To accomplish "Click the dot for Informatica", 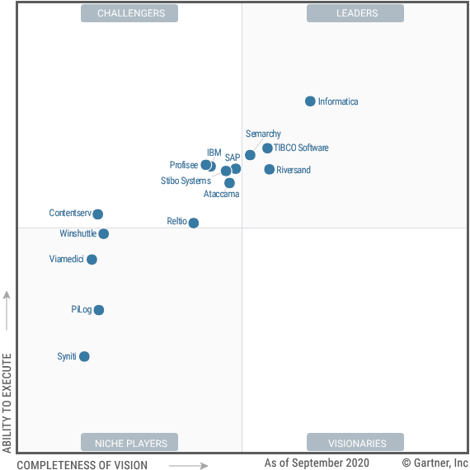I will click(x=310, y=101).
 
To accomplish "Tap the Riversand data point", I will click(x=270, y=169).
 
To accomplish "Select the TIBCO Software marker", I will click(x=267, y=148).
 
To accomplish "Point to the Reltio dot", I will click(x=194, y=223).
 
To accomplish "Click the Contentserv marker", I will click(x=98, y=214).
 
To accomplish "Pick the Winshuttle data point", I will click(x=104, y=234).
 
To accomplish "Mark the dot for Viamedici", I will click(x=92, y=260).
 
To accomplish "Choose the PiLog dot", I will click(x=99, y=310).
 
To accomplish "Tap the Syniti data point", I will click(x=84, y=356).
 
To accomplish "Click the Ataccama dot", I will click(x=229, y=183).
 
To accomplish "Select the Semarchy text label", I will click(x=263, y=134).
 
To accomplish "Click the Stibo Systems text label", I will click(x=186, y=181).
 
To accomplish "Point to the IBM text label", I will click(x=214, y=153).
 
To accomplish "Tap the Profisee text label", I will click(x=184, y=165).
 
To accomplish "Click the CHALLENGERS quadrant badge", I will click(x=130, y=13).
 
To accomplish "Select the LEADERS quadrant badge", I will click(x=355, y=13).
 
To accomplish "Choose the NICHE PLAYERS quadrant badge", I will click(x=130, y=443).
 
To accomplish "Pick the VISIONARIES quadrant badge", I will click(x=355, y=443).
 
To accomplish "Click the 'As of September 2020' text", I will click(x=317, y=463).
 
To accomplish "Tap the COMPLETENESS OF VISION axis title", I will click(x=82, y=465).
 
